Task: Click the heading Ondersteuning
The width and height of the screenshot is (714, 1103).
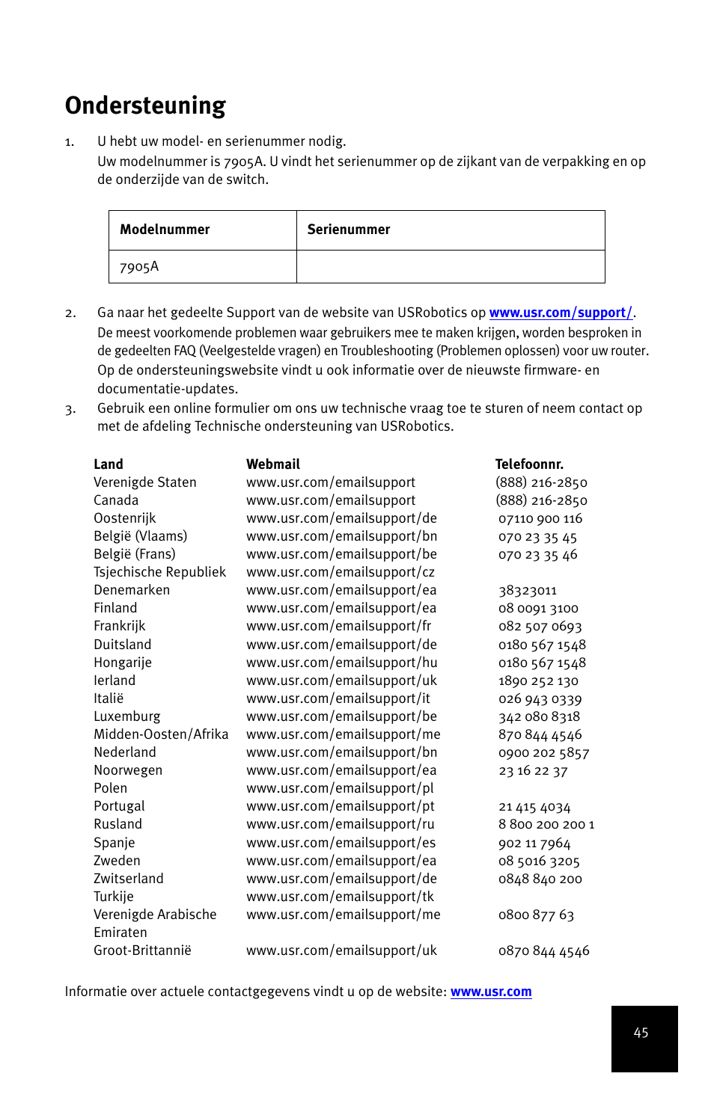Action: point(145,105)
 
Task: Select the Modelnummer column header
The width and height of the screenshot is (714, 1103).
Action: point(165,230)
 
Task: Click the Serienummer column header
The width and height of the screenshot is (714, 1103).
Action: point(348,230)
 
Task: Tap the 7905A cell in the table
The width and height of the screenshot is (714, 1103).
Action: point(139,267)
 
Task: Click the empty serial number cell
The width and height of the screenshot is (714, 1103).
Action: point(450,267)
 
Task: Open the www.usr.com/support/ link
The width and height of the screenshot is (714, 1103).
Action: point(560,313)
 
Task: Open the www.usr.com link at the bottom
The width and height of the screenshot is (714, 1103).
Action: point(490,992)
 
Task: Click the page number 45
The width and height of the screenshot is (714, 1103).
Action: point(641,1033)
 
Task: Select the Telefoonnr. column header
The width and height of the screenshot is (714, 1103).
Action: point(528,464)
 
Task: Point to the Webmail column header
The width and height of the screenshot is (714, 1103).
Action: point(272,464)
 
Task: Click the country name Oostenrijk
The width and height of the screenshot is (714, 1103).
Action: point(124,518)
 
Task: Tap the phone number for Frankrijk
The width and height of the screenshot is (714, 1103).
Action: point(540,627)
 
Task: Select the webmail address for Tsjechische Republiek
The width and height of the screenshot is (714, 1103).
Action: point(340,572)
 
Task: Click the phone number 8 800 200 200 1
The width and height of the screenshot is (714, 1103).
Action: point(546,824)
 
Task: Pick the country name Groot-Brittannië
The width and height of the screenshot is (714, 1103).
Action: point(142,950)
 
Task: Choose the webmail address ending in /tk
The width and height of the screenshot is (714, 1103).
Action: point(340,897)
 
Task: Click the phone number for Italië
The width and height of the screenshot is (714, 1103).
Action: point(540,699)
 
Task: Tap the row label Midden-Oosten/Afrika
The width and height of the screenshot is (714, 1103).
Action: point(161,734)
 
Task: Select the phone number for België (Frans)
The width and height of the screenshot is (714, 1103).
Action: point(537,555)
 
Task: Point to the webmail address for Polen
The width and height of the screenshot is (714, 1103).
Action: point(340,788)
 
